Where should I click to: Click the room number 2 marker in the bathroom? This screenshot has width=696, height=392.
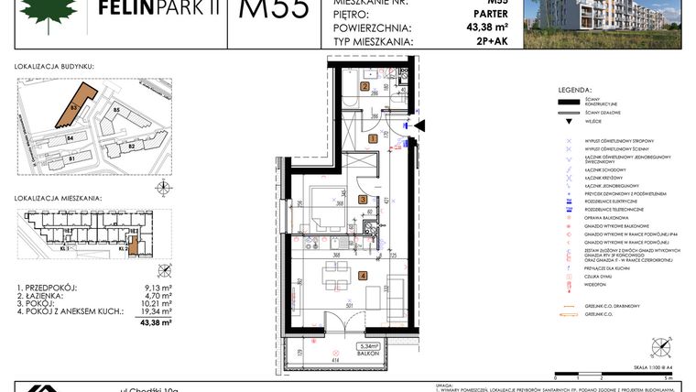(364, 88)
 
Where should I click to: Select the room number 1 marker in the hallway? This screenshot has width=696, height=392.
(373, 138)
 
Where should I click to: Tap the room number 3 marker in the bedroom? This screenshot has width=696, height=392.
(363, 199)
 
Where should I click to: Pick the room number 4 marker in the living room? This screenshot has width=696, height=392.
(364, 275)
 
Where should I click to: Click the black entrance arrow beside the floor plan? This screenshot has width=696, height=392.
(420, 126)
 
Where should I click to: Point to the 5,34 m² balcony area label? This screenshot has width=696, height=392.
(369, 346)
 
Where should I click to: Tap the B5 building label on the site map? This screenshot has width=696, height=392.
(116, 111)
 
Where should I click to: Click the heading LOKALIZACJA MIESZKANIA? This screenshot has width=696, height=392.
(58, 198)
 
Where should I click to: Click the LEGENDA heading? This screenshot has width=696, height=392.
(573, 90)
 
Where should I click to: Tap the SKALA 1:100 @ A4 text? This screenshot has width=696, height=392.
(647, 365)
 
